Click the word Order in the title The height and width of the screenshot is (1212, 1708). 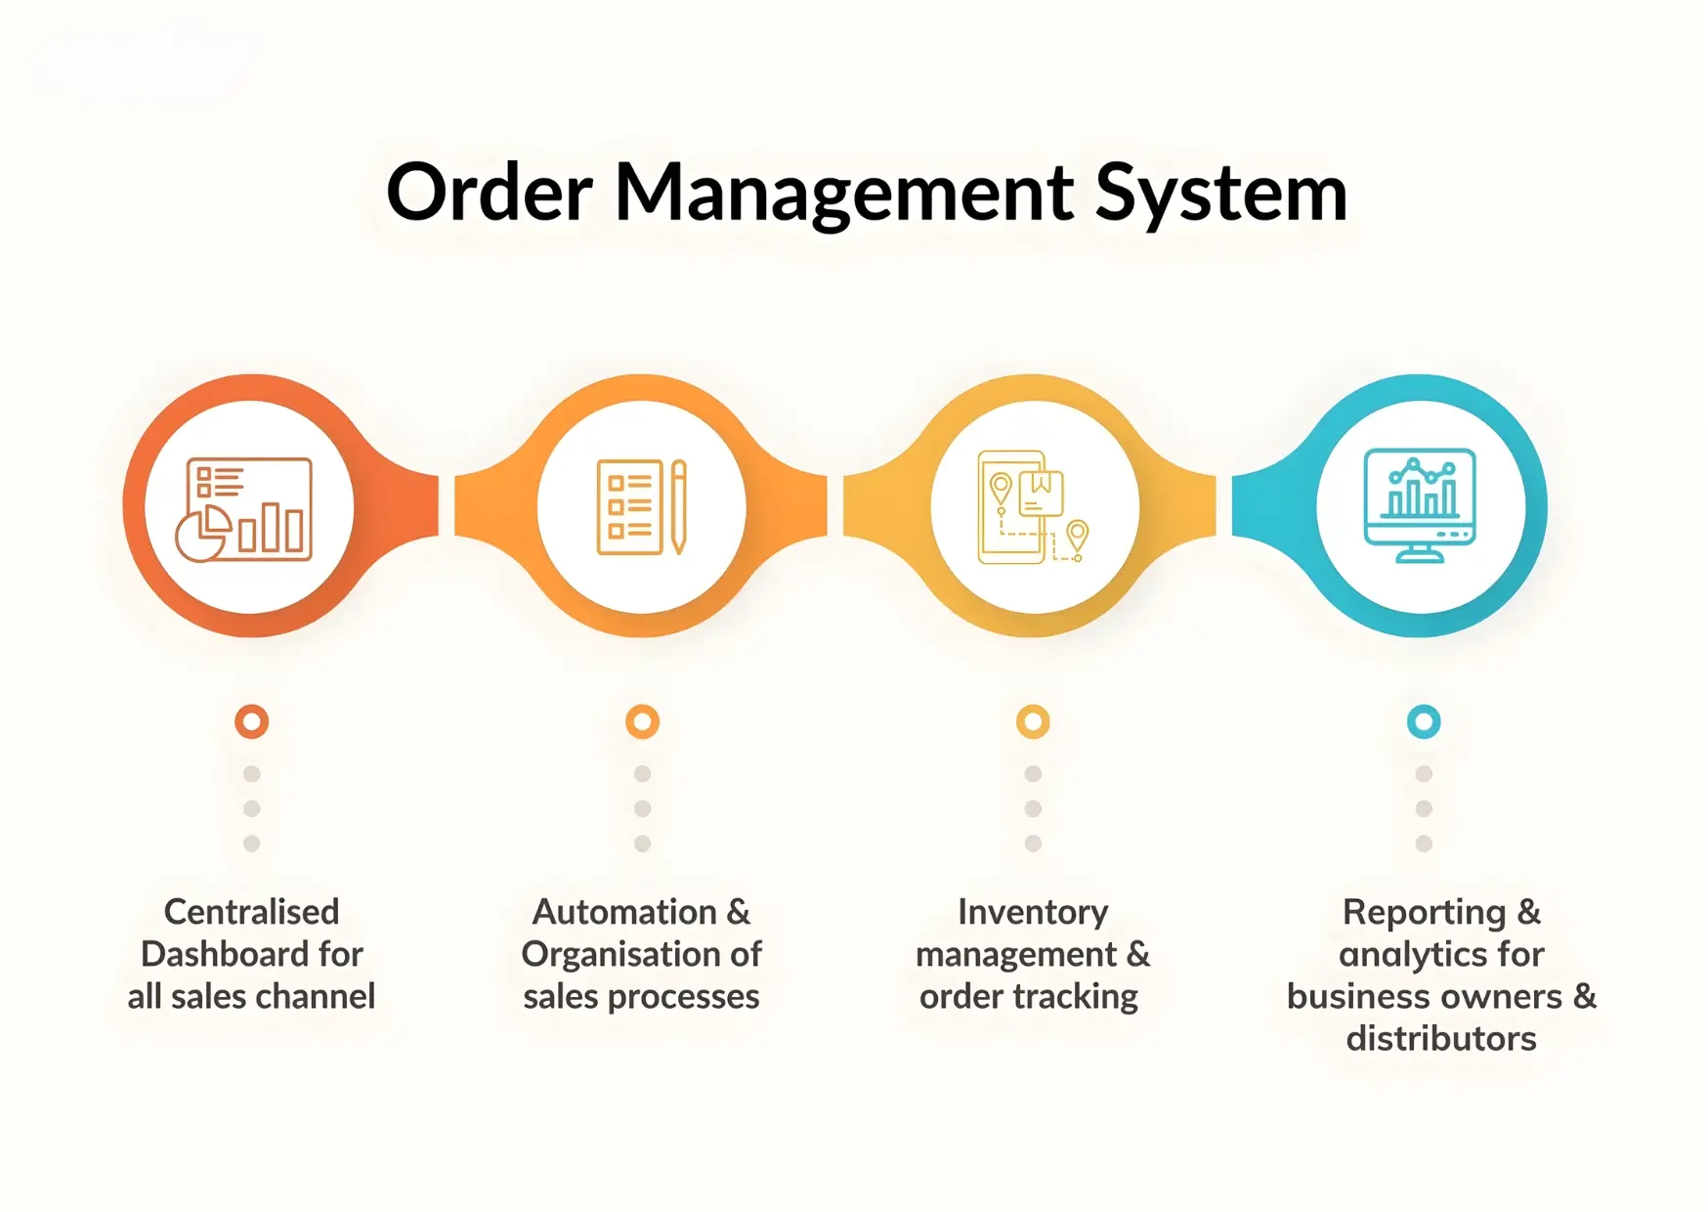click(489, 193)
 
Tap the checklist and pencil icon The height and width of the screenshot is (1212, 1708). click(642, 506)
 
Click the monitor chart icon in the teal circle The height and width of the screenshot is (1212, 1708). click(1420, 505)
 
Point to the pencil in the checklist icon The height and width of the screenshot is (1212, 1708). click(678, 506)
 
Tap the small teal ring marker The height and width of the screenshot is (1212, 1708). click(1424, 721)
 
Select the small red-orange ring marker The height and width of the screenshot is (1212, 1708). click(251, 721)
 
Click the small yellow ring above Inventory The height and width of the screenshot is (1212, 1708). click(1033, 721)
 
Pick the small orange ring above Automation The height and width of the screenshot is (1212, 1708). click(642, 721)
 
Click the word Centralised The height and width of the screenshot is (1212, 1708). click(251, 912)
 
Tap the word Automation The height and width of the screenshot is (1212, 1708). click(624, 912)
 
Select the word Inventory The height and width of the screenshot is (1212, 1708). click(1033, 912)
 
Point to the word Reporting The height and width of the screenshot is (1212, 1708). click(1424, 913)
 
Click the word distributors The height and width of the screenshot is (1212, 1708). click(1441, 1038)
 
